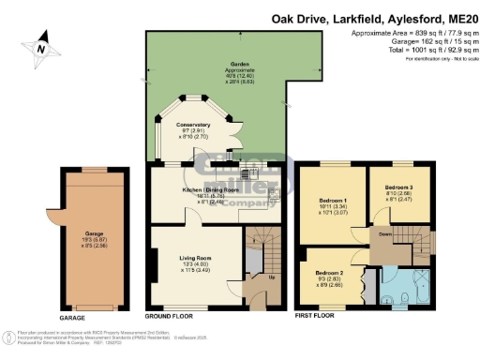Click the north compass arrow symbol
(39, 43)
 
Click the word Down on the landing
(384, 235)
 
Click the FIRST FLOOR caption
(314, 317)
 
